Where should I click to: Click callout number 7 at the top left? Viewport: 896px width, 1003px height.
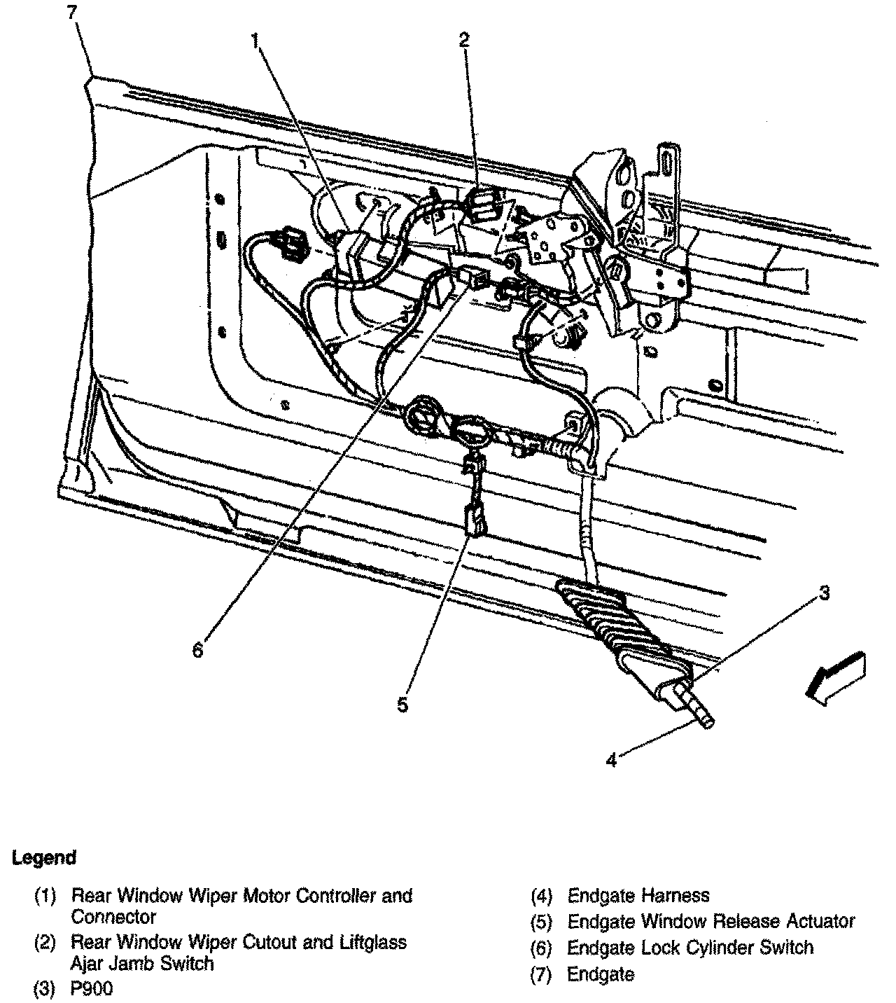[x=72, y=12]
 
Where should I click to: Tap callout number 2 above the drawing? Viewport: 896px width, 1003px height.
[x=464, y=40]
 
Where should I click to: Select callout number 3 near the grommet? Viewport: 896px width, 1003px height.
[x=825, y=594]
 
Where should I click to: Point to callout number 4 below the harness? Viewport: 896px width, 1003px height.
[x=611, y=759]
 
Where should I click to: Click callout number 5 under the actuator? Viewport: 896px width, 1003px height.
[x=402, y=705]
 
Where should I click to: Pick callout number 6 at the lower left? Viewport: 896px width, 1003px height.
[x=198, y=650]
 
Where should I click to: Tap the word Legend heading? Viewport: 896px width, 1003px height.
[x=43, y=857]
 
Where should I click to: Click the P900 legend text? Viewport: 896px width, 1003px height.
[x=92, y=989]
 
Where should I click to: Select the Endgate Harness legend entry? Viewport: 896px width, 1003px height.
[x=638, y=895]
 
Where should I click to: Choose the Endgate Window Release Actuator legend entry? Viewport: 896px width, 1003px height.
[x=711, y=921]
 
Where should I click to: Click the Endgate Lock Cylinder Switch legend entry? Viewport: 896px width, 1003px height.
[x=690, y=948]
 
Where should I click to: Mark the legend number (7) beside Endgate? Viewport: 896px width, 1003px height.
[x=541, y=974]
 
